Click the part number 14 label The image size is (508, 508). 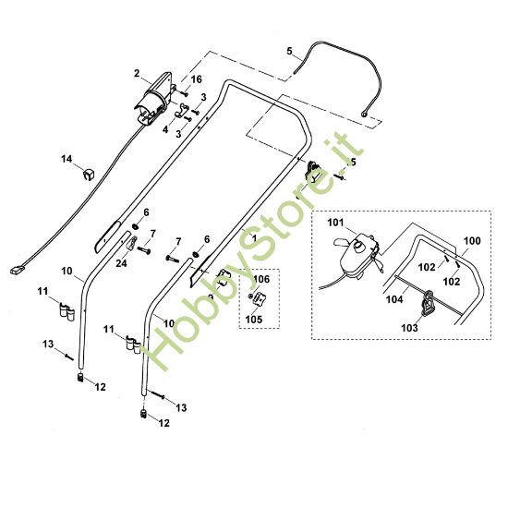click(67, 159)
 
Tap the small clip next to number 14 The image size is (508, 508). click(88, 175)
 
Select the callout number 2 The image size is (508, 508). click(137, 74)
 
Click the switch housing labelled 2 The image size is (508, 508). click(154, 98)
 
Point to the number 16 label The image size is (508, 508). click(196, 79)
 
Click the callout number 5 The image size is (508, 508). click(289, 51)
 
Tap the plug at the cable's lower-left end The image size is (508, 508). click(18, 270)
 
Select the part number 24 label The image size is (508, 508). click(121, 263)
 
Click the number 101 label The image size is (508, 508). click(335, 223)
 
